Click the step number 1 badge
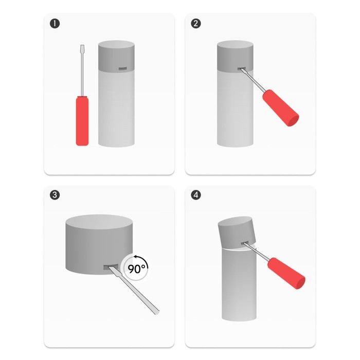55,24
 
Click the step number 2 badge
196,24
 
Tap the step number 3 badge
55,195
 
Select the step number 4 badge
196,195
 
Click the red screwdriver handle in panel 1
82,121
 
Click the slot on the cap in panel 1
122,68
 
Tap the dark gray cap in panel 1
116,56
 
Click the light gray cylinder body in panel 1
116,109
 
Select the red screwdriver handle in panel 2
281,107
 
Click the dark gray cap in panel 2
235,56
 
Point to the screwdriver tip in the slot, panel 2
241,69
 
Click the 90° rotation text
136,268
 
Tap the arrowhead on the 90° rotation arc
136,257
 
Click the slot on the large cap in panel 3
111,267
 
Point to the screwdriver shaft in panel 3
134,290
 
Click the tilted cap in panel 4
237,232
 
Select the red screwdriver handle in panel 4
286,273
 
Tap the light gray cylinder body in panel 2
235,109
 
